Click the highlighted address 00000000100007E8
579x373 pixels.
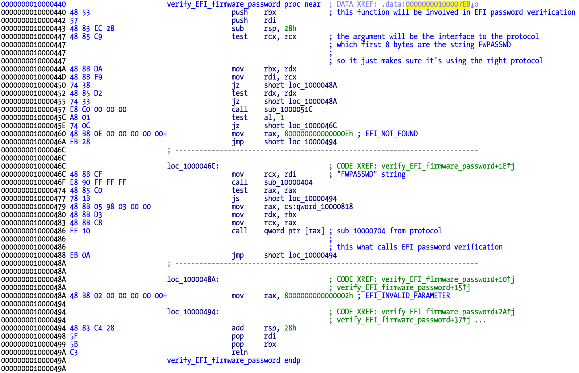[x=438, y=4]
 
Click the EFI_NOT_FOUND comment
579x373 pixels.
[x=391, y=134]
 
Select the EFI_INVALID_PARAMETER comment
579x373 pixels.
[x=407, y=296]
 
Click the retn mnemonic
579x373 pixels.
[x=240, y=352]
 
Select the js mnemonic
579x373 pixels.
[x=235, y=199]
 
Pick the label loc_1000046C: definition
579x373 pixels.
[x=193, y=166]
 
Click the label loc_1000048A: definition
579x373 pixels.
[x=193, y=280]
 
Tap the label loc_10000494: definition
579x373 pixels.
[x=193, y=312]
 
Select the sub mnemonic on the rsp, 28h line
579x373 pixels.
[x=237, y=29]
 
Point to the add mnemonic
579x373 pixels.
[x=237, y=328]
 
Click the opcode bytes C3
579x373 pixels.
[x=74, y=352]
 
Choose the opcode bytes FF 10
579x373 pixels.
[x=80, y=231]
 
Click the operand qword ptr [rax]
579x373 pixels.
[x=294, y=231]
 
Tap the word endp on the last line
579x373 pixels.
[x=292, y=361]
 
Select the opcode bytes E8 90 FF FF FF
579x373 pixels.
[x=98, y=182]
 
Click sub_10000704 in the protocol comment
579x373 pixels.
[x=361, y=231]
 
